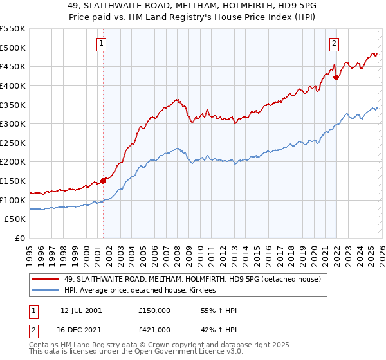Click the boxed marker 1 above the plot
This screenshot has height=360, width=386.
[x=102, y=44]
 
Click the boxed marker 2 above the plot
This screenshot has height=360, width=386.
[x=335, y=44]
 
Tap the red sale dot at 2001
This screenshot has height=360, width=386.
[x=103, y=181]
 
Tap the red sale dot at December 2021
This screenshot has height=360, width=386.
[x=336, y=77]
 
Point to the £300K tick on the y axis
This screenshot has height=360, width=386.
[x=13, y=123]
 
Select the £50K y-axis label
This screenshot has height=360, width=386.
[x=15, y=219]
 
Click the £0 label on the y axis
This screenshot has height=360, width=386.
[x=21, y=238]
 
